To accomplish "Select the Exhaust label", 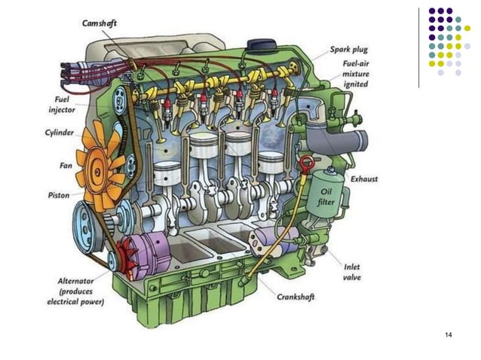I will click(x=364, y=179).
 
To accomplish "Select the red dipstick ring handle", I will click(x=306, y=163).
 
